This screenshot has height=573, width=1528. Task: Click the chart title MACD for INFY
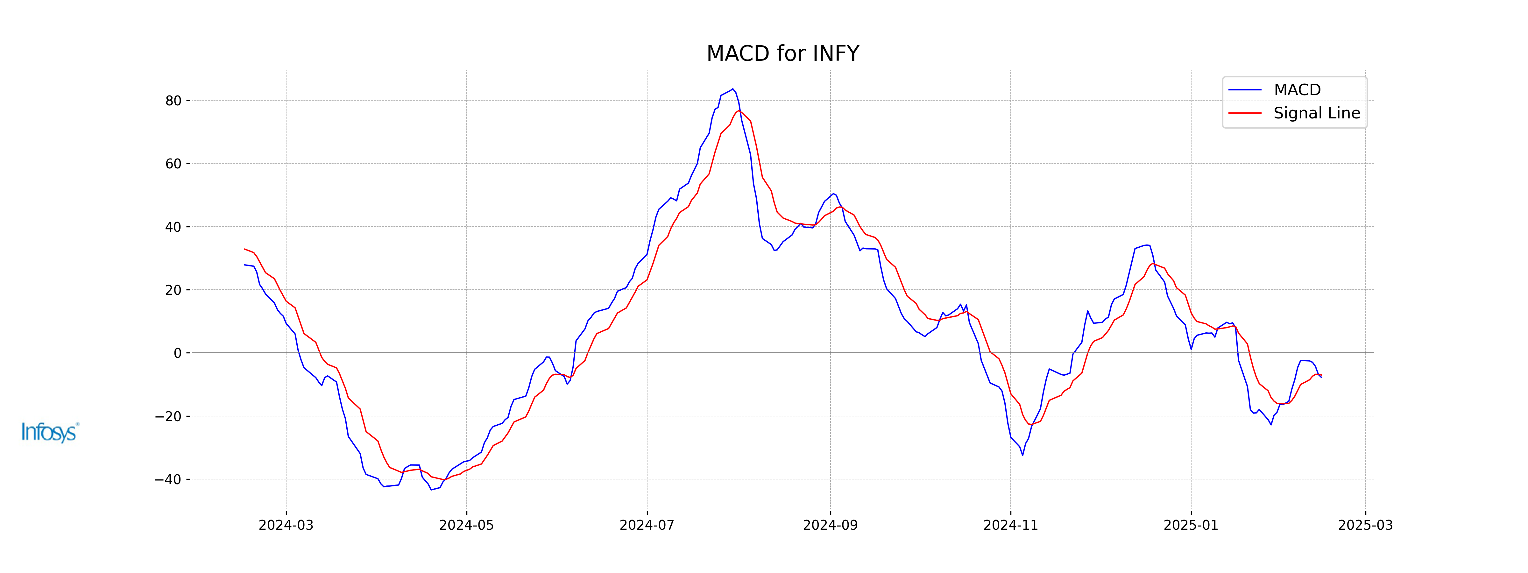[782, 53]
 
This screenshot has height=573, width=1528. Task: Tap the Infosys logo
[50, 432]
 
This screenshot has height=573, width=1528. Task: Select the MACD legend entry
[1297, 90]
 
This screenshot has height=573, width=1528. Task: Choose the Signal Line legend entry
[1316, 113]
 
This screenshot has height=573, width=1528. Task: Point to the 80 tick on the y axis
[173, 101]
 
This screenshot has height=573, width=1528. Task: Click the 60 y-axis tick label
[173, 164]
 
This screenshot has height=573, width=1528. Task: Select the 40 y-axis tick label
[173, 227]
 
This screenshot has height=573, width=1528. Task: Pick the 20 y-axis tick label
[173, 290]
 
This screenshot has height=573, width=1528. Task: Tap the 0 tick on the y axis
[177, 354]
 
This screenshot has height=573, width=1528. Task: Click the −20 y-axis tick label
[168, 416]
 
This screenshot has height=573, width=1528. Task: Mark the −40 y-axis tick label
[168, 479]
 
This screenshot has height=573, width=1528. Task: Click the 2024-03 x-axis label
[286, 525]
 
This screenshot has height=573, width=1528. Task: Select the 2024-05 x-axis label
[466, 525]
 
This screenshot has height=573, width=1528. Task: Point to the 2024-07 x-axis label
[647, 525]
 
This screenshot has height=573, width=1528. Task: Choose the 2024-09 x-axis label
[830, 525]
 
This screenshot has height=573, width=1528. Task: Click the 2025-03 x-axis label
[1365, 525]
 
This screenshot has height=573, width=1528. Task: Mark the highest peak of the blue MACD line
[733, 89]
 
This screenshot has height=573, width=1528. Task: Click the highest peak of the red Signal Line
[739, 111]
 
